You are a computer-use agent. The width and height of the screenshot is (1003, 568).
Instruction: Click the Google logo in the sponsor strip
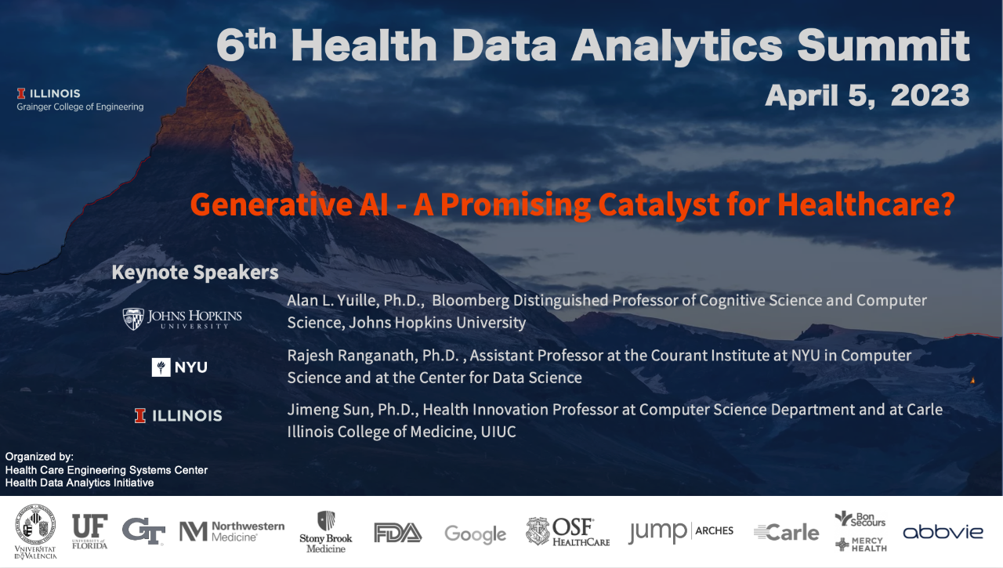[475, 534]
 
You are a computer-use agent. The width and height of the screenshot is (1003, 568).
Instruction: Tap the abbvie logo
[943, 532]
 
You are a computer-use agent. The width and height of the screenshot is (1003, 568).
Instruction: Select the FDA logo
[397, 533]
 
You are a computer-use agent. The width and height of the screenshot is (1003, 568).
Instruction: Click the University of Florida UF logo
[90, 531]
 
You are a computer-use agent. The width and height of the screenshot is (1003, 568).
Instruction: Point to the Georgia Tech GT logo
[143, 531]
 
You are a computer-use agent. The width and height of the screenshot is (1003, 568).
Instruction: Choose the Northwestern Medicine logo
[231, 531]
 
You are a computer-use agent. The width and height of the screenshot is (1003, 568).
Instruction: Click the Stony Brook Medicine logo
[326, 532]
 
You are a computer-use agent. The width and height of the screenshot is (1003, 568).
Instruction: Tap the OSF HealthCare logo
[568, 532]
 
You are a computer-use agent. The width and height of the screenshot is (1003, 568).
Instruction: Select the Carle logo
[786, 533]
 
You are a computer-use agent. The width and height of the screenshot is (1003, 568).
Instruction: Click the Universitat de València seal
[36, 532]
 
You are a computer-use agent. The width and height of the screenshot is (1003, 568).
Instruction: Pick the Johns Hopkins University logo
[183, 319]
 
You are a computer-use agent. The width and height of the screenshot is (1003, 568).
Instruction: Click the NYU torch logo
[161, 367]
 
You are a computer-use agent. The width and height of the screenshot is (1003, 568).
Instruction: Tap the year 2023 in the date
[930, 96]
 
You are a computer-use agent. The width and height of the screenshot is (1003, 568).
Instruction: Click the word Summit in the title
[883, 45]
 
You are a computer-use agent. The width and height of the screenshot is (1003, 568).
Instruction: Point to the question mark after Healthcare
[947, 204]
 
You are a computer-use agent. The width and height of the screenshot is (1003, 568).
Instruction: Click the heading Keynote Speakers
[195, 272]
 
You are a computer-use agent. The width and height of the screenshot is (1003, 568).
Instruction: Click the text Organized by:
[39, 457]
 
